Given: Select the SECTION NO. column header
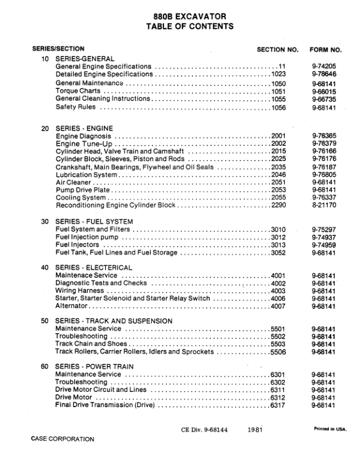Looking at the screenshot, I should click(278, 49).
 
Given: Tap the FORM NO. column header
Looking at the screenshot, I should click(325, 49).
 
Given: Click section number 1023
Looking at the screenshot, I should click(278, 75).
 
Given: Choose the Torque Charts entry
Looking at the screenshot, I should click(79, 92).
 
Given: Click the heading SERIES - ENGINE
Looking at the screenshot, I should click(84, 128).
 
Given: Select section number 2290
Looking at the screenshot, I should click(278, 207).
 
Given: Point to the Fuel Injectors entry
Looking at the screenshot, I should click(77, 245).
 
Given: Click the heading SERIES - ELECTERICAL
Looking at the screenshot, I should click(94, 268).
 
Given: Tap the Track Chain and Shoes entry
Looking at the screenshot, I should click(91, 344).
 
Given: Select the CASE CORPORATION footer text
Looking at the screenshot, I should click(62, 439).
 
